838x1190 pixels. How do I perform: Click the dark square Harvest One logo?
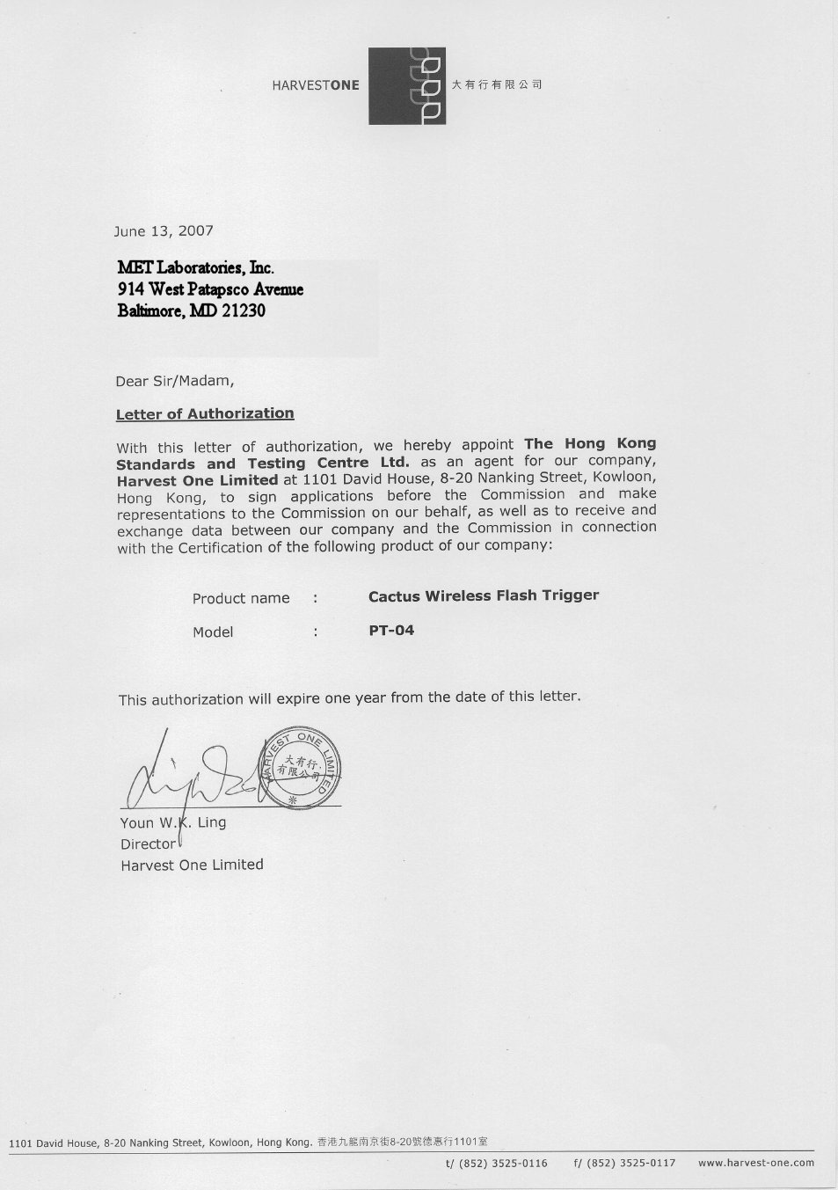pos(406,85)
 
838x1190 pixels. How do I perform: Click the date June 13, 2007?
pos(164,231)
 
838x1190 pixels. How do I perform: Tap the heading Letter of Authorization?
pos(205,413)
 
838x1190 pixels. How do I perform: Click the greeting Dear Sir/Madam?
pos(175,382)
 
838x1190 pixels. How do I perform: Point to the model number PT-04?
pos(391,630)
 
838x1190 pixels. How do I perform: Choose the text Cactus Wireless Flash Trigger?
pos(484,595)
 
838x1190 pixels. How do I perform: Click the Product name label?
pos(241,598)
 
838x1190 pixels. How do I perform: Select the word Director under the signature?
pos(148,843)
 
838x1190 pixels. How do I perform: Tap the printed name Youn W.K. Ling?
pos(173,822)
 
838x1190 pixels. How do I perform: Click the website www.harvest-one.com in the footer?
pos(756,1163)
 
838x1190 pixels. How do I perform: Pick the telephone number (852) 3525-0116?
pos(503,1163)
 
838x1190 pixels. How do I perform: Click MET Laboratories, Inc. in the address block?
pos(196,267)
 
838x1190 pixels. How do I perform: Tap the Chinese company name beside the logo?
pos(497,85)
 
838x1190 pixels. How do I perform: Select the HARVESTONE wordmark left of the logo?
pos(316,85)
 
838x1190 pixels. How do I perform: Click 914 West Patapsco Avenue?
pos(210,288)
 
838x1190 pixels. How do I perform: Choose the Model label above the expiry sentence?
pos(213,632)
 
